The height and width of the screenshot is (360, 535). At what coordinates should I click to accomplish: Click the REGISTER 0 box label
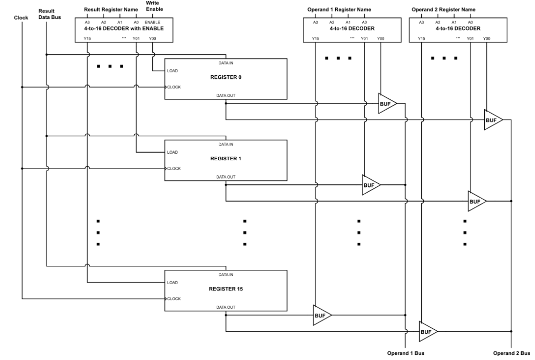pos(225,77)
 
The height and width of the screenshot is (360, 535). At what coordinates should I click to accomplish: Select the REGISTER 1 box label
pos(225,158)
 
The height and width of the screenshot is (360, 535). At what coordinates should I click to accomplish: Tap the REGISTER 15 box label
pos(225,289)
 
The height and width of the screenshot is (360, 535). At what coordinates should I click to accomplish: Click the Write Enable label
pos(152,6)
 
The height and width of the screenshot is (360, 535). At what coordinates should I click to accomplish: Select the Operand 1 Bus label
pos(406,353)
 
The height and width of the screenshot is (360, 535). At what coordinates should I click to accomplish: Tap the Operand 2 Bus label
pos(511,353)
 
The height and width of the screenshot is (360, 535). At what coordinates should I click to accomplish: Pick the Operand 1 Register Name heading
pos(339,9)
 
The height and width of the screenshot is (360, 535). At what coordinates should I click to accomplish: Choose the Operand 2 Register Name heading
pos(443,9)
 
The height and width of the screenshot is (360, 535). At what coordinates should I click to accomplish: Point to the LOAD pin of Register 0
pos(172,71)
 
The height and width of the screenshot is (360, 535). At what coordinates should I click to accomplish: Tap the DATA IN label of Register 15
pos(225,274)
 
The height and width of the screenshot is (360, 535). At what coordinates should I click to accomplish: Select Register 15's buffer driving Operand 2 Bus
pos(427,331)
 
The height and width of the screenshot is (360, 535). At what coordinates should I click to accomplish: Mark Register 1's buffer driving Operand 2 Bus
pos(476,201)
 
